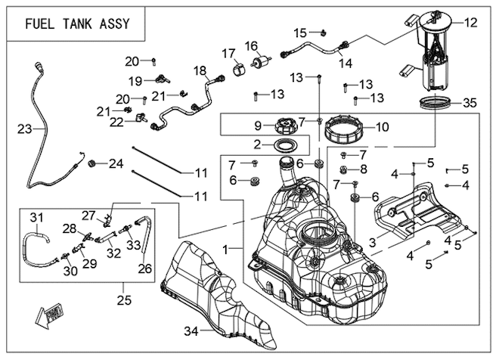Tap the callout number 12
pyautogui.click(x=470, y=23)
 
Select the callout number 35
pyautogui.click(x=470, y=103)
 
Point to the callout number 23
pyautogui.click(x=25, y=129)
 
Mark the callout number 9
pyautogui.click(x=258, y=125)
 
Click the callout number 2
pyautogui.click(x=258, y=144)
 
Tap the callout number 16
pyautogui.click(x=251, y=46)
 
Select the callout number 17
pyautogui.click(x=228, y=54)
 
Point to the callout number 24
pyautogui.click(x=116, y=163)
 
